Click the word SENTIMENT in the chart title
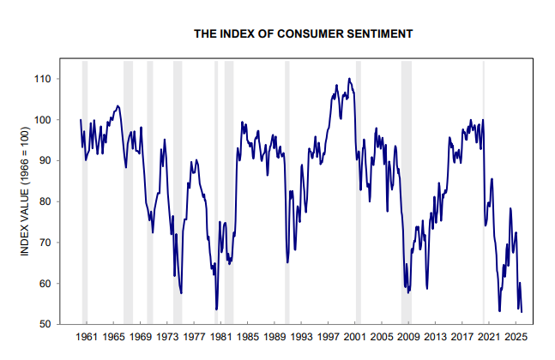coord(380,33)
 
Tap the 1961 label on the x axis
coord(87,338)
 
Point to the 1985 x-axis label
coord(248,338)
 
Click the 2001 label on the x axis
coord(355,338)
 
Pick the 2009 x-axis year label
coord(408,338)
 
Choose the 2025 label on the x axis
coord(516,338)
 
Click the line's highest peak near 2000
coord(349,79)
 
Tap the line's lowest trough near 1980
coord(216,309)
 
